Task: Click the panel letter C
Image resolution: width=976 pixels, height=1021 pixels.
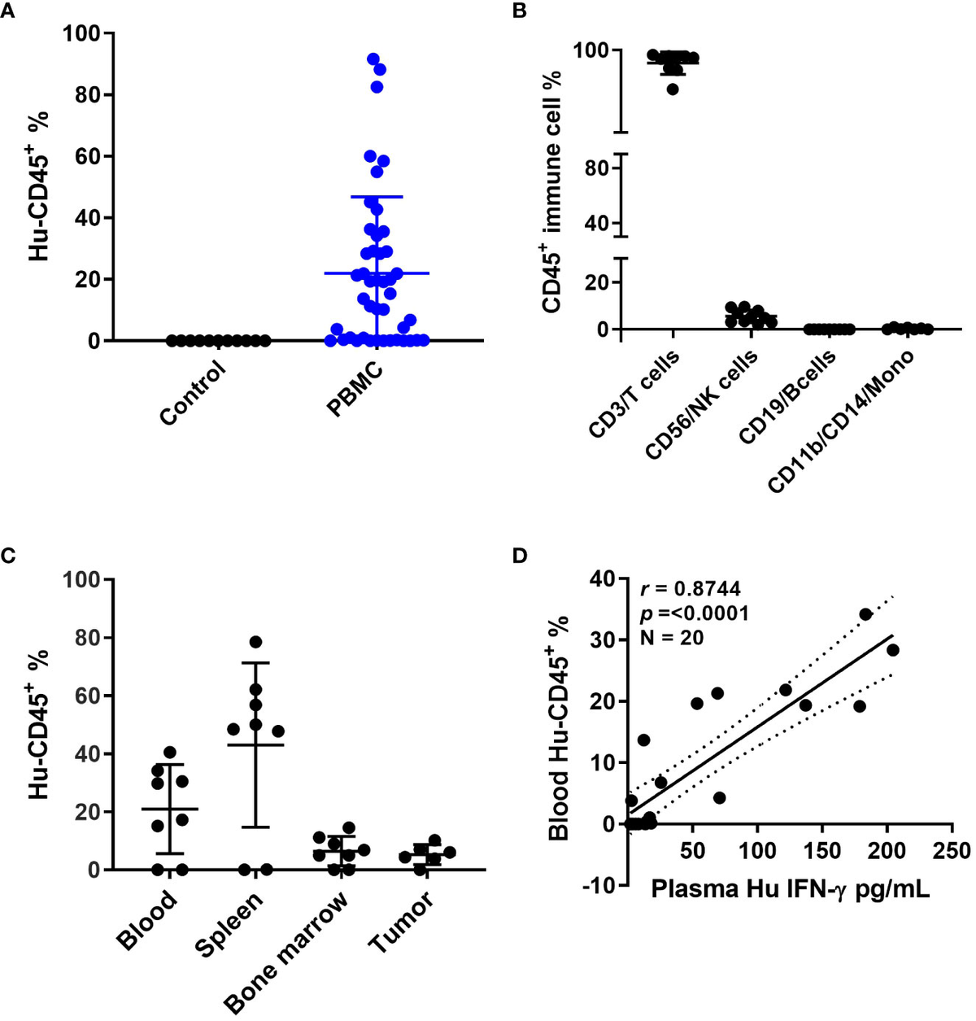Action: [9, 556]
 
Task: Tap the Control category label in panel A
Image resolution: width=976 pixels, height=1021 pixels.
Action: [192, 394]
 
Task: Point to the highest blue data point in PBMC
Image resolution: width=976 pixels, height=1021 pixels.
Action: [373, 59]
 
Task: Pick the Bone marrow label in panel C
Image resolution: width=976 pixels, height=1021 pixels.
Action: [285, 952]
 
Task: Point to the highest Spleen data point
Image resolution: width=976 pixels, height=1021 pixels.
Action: [255, 642]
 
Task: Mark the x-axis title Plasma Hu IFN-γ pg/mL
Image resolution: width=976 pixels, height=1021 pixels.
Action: [791, 891]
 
